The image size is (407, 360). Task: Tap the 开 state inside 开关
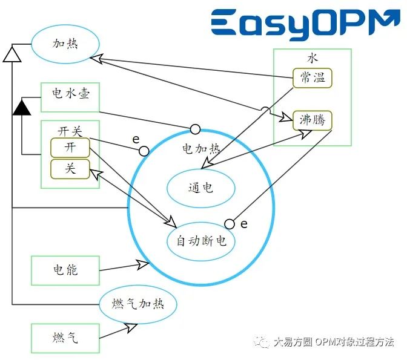coord(70,148)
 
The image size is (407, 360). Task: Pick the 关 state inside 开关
coord(70,169)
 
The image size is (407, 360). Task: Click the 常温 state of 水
coord(313,77)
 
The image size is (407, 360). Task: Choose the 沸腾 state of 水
coord(313,120)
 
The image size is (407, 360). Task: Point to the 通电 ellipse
coord(200,188)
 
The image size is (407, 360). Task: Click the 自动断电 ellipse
coord(201,241)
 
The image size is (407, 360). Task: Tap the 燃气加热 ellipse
coord(138,304)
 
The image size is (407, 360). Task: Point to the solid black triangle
coord(22,108)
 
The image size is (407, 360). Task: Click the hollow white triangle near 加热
coord(12,54)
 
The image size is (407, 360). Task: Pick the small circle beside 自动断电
coord(230,224)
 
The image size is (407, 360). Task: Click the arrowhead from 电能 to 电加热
coord(144,263)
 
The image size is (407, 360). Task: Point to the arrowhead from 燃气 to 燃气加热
coord(132,327)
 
